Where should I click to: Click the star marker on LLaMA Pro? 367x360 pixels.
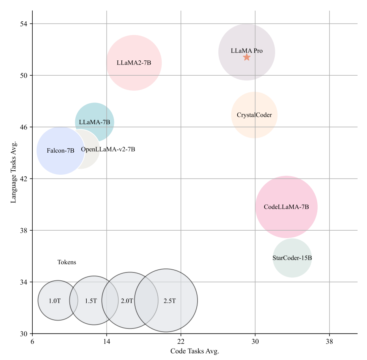click(247, 57)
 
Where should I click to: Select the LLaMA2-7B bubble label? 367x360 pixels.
click(134, 63)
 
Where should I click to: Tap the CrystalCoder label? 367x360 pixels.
click(254, 115)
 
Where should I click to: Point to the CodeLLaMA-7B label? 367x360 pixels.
click(286, 207)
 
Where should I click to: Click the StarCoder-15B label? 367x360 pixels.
click(292, 258)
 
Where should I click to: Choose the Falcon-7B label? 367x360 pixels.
click(60, 151)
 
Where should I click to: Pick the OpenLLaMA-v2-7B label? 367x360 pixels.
click(108, 149)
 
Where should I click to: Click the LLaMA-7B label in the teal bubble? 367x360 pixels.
click(95, 122)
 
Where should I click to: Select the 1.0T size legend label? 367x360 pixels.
click(55, 301)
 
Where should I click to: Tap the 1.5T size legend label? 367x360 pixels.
click(91, 301)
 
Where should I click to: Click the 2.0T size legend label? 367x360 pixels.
click(127, 301)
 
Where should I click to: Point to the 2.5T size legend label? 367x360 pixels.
click(170, 301)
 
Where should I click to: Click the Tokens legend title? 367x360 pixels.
click(67, 262)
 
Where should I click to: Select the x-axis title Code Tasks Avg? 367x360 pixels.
click(195, 351)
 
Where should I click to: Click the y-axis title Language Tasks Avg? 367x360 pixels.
click(13, 171)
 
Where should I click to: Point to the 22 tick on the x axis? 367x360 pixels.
click(181, 341)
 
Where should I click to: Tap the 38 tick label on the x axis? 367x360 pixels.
click(329, 341)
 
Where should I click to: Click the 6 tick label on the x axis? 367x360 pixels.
click(33, 341)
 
